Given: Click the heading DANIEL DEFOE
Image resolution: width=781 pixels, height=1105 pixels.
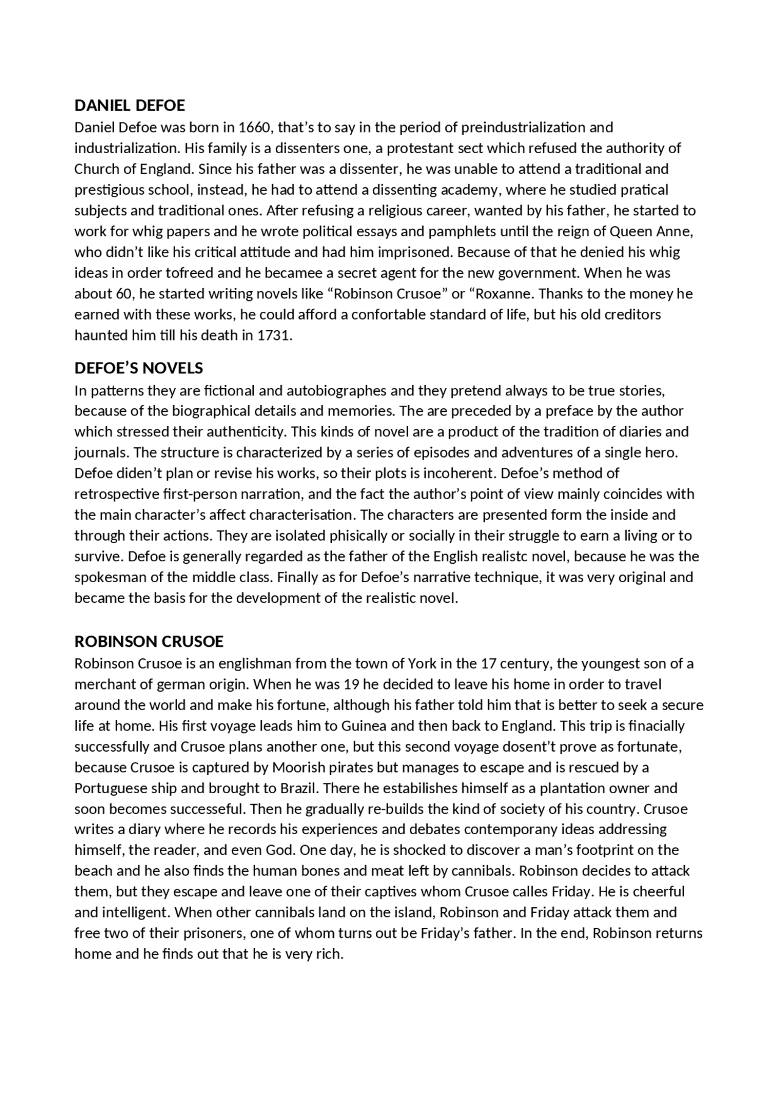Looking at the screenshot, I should click(x=129, y=106).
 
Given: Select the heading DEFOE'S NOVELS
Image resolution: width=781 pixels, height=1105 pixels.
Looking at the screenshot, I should click(x=139, y=369).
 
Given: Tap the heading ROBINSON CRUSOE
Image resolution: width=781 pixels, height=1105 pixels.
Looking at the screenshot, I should click(x=149, y=641).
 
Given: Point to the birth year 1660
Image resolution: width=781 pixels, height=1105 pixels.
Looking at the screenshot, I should click(x=257, y=128).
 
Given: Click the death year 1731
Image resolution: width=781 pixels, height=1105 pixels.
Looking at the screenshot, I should click(x=275, y=336).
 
